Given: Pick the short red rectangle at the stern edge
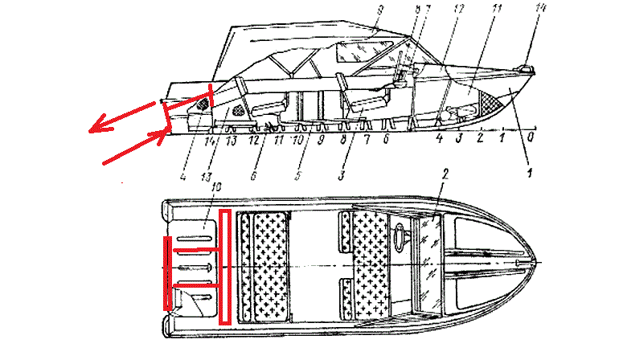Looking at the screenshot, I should pos(167,273).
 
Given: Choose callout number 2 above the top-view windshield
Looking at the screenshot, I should pos(443,174).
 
